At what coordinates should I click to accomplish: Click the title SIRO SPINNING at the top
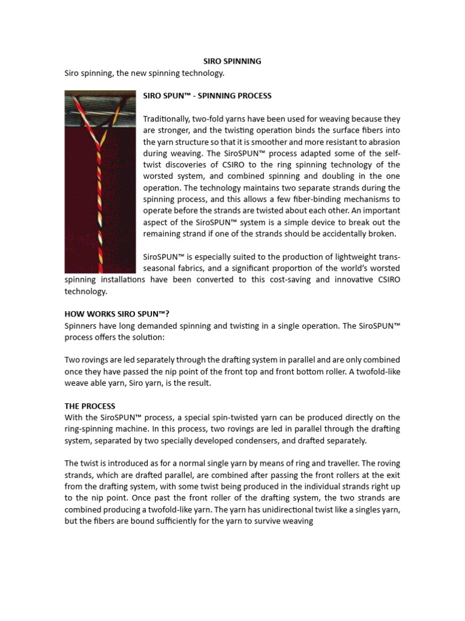click(x=231, y=61)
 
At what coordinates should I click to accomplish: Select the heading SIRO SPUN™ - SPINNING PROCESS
click(x=207, y=96)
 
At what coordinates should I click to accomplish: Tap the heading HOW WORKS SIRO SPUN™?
click(x=117, y=314)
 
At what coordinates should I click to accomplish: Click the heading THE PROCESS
click(x=90, y=406)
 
